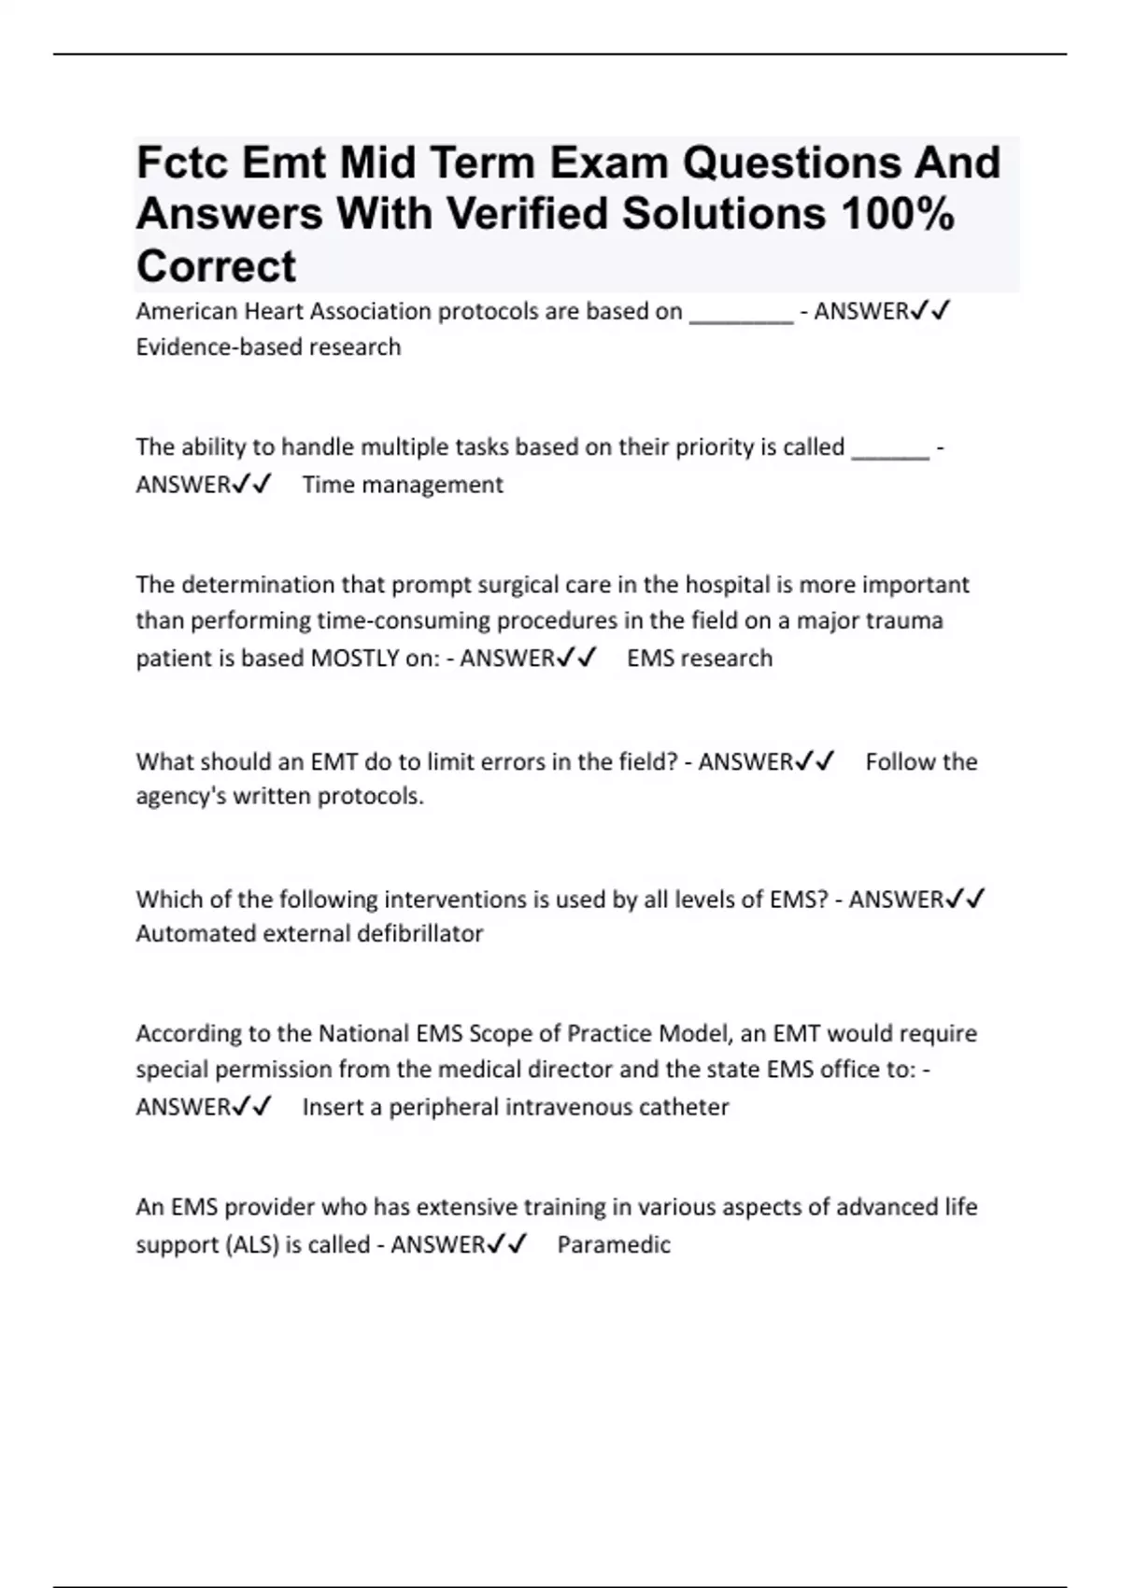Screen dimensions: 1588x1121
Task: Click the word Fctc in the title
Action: point(183,163)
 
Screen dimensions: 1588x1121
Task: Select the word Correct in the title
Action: point(216,266)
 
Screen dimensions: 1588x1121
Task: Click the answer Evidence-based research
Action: point(268,347)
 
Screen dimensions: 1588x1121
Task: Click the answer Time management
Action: point(403,485)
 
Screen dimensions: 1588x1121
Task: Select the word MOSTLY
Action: point(354,659)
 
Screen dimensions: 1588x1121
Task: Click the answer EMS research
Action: point(700,659)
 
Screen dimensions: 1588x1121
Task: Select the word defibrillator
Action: point(420,934)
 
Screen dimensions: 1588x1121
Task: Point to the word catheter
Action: point(685,1107)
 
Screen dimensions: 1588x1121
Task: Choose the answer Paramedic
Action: point(614,1245)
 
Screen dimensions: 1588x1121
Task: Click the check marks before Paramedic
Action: point(507,1244)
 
